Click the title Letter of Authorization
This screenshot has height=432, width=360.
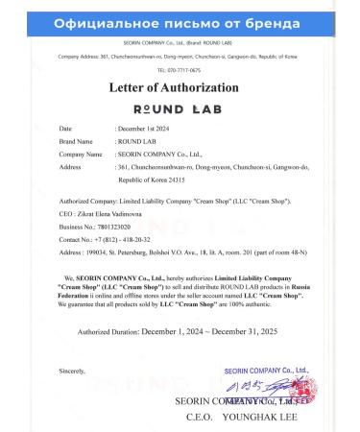tap(180, 86)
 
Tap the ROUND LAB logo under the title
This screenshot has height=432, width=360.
tap(180, 108)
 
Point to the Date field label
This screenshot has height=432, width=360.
tap(65, 127)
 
